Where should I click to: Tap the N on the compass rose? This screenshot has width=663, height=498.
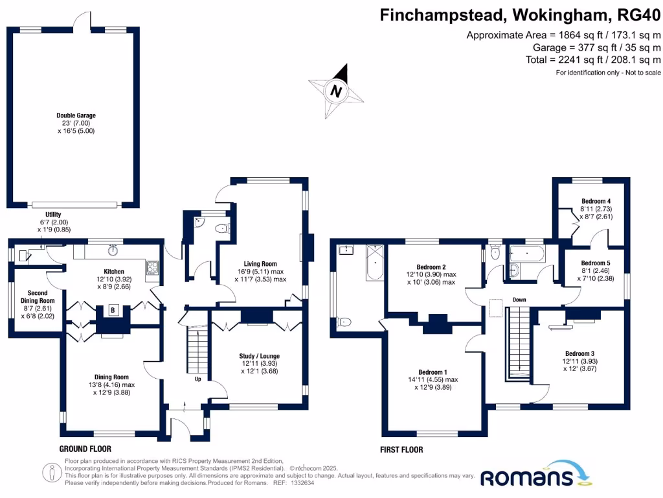point(335,91)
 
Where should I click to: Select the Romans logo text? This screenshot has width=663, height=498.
point(526,478)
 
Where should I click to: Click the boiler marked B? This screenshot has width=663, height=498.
point(115,310)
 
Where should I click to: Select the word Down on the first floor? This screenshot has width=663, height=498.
point(519,300)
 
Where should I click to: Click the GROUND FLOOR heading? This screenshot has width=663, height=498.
point(85,449)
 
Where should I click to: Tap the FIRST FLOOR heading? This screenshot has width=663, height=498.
point(401,449)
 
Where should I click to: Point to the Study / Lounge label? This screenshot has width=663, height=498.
point(260,356)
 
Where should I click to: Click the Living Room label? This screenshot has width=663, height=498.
point(260,264)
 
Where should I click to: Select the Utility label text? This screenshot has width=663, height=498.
point(53,214)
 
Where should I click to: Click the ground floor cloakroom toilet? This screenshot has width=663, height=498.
point(221,228)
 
